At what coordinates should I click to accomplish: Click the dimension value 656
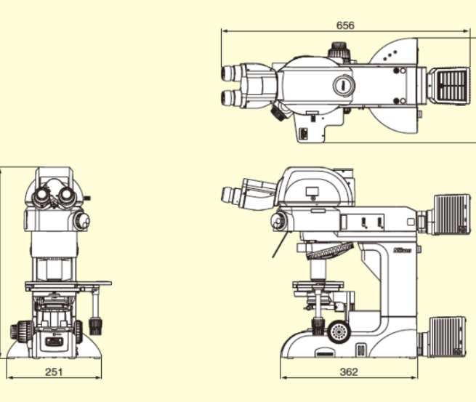click(345, 25)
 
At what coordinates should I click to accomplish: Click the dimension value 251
click(54, 372)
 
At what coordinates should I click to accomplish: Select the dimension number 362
click(349, 372)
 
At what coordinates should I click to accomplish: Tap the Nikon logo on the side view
click(402, 250)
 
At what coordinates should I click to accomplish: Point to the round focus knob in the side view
click(339, 331)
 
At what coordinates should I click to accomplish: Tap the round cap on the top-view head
click(344, 85)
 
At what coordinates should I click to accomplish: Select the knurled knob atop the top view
click(339, 49)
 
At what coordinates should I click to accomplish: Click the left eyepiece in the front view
click(41, 196)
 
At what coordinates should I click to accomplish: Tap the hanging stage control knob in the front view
click(95, 326)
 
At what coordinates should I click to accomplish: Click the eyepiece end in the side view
click(226, 195)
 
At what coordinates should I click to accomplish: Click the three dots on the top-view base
click(390, 55)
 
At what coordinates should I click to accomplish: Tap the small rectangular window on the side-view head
click(312, 191)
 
